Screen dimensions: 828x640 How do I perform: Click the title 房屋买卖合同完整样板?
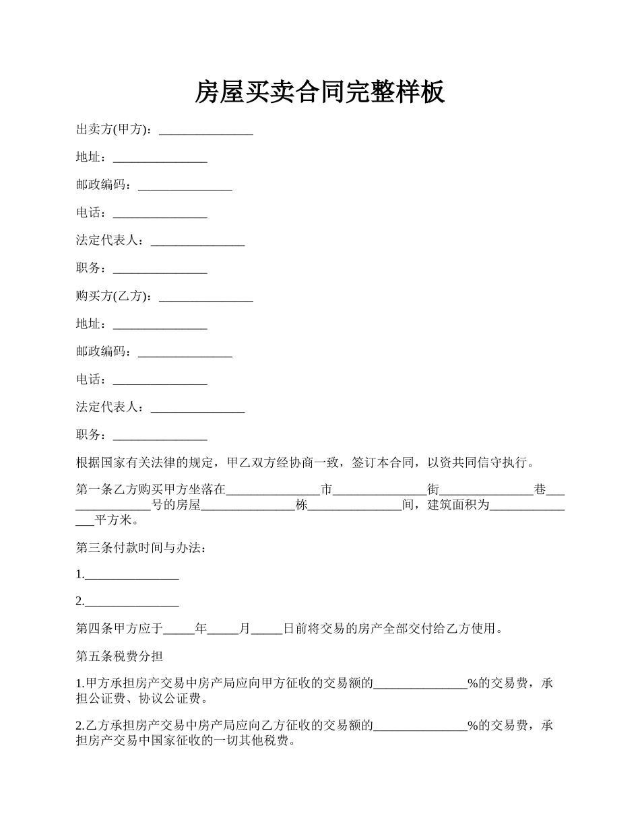[x=319, y=92]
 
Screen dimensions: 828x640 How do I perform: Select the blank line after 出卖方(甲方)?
[x=205, y=132]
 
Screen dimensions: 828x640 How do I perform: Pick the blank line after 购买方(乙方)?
[x=205, y=298]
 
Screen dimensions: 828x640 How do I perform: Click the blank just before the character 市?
[x=273, y=491]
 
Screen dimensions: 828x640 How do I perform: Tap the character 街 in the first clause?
[x=433, y=490]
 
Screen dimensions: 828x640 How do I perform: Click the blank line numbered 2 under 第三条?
[x=131, y=603]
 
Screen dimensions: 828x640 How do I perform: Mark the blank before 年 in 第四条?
[x=179, y=631]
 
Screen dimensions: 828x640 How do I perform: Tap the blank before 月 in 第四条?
[x=223, y=631]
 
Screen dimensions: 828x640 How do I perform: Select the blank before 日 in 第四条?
[x=266, y=631]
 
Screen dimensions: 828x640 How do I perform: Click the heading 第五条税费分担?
[x=119, y=656]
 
